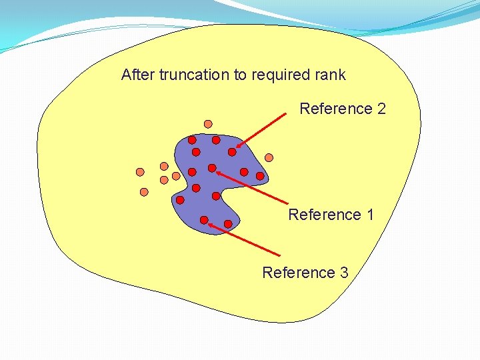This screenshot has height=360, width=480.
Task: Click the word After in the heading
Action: tap(138, 75)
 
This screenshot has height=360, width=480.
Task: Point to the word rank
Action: tap(329, 75)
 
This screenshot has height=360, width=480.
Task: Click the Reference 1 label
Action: tap(331, 215)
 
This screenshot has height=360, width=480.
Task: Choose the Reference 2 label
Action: tap(343, 109)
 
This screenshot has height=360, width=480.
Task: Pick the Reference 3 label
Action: tap(305, 273)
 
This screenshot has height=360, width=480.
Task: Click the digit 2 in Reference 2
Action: tap(381, 109)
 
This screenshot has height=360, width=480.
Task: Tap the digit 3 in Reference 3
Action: tap(343, 273)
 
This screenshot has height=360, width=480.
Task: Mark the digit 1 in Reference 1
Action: tap(369, 215)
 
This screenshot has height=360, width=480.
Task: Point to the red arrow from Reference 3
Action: tap(243, 241)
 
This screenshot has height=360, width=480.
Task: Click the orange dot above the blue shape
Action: tap(208, 124)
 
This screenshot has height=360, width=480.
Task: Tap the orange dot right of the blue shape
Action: tap(269, 158)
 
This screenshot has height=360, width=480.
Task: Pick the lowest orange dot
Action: tap(144, 192)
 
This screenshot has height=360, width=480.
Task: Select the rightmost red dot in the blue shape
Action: tap(260, 177)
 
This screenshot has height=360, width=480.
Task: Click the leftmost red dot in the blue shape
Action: tap(180, 199)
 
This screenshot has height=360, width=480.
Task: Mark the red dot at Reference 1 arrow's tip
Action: tap(212, 168)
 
